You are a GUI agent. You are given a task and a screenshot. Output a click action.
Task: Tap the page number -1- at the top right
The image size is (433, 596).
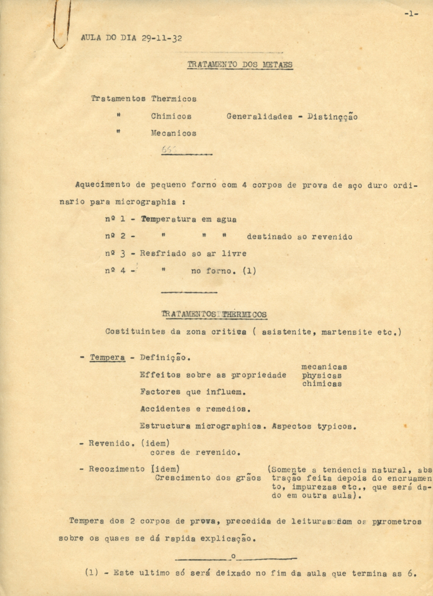[411, 14]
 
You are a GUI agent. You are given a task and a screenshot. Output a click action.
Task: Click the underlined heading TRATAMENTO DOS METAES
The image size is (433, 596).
[240, 65]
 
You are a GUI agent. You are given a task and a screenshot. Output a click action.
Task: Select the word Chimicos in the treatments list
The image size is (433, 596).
[171, 116]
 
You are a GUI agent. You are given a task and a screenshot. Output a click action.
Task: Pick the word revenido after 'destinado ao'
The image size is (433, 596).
[332, 237]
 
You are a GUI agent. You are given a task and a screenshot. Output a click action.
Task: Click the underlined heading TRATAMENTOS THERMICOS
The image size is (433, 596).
[214, 314]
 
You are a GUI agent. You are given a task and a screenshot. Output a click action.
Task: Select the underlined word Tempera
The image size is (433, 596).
[107, 357]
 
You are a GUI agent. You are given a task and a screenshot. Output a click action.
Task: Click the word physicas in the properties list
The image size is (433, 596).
[322, 375]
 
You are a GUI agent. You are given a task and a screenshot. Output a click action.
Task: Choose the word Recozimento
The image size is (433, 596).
[117, 469]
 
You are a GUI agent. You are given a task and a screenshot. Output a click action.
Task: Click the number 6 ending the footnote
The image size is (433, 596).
[410, 572]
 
